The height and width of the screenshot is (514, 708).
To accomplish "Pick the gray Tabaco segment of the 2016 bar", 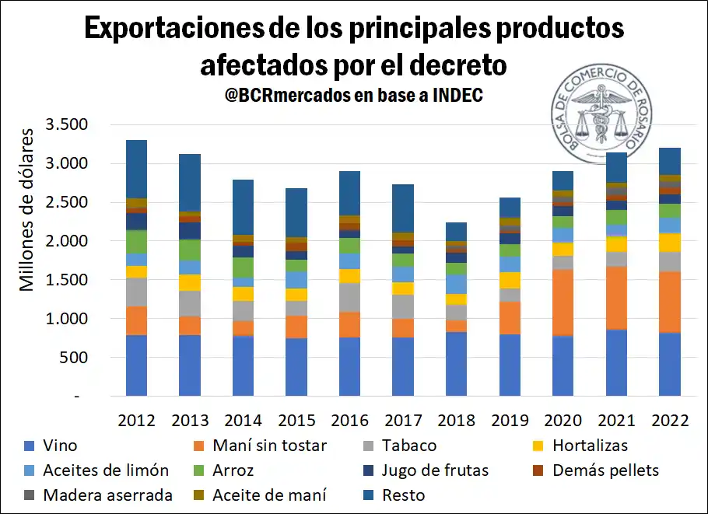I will (x=349, y=297).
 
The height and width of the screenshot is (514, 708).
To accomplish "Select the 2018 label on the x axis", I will (x=456, y=421).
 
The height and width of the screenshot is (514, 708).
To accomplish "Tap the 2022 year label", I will (x=669, y=421).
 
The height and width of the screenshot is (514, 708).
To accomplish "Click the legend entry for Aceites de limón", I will (x=106, y=470).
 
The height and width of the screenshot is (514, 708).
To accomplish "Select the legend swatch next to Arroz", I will (x=199, y=470).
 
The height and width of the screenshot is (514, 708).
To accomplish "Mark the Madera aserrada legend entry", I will (x=107, y=495).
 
